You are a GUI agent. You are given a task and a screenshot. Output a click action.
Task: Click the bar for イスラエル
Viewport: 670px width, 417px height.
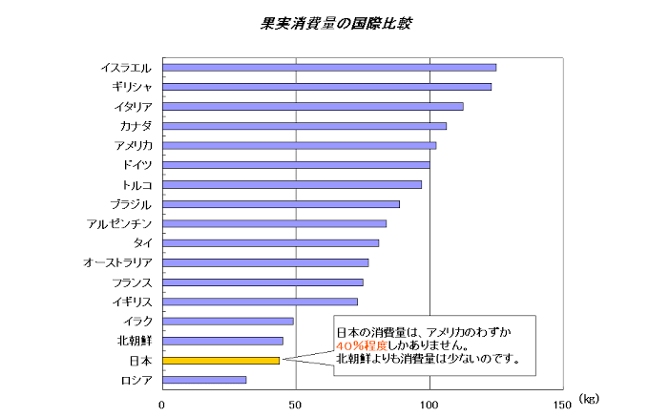coord(329,67)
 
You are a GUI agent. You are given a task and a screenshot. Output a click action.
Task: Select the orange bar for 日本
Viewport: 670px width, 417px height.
coord(221,361)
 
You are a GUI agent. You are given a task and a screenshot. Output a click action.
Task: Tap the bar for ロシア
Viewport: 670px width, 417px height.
coord(204,380)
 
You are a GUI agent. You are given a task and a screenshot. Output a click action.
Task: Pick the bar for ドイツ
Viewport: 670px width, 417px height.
coord(296,165)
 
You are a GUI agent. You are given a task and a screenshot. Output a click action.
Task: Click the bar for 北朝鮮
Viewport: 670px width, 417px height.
coord(223,341)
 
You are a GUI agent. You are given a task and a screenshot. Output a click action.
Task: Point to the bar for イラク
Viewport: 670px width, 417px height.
coord(228,321)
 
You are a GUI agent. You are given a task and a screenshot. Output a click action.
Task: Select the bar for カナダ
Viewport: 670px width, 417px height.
coord(304,126)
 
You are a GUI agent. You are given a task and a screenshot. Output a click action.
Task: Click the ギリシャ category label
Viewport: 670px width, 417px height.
coord(132,87)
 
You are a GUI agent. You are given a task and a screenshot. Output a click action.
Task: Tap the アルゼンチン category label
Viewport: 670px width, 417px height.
coord(119,223)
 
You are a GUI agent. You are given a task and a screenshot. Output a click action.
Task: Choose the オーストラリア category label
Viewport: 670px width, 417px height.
coord(117,262)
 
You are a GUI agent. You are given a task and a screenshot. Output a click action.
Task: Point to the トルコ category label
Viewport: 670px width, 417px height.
coord(137,184)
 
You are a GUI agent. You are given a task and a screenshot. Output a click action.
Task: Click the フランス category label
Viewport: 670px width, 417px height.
coord(132,282)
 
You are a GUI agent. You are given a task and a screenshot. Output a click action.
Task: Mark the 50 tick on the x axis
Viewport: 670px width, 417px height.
coord(296,404)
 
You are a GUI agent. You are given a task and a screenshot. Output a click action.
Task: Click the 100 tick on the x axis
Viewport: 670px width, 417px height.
coord(429,404)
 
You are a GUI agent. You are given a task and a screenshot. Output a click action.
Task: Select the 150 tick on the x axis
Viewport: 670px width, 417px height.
coord(562,404)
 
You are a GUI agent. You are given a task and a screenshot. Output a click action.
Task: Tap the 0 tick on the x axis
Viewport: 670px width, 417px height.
coord(162,404)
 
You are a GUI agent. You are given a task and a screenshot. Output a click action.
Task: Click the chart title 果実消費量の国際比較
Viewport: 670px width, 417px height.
coord(336,21)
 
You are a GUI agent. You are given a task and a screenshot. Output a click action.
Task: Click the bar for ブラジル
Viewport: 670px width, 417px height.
coord(282,204)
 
